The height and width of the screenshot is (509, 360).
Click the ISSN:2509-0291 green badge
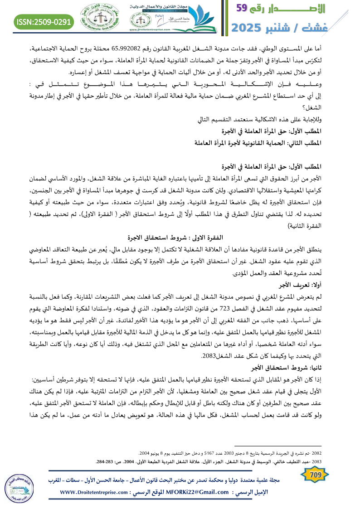[x=44, y=21]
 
